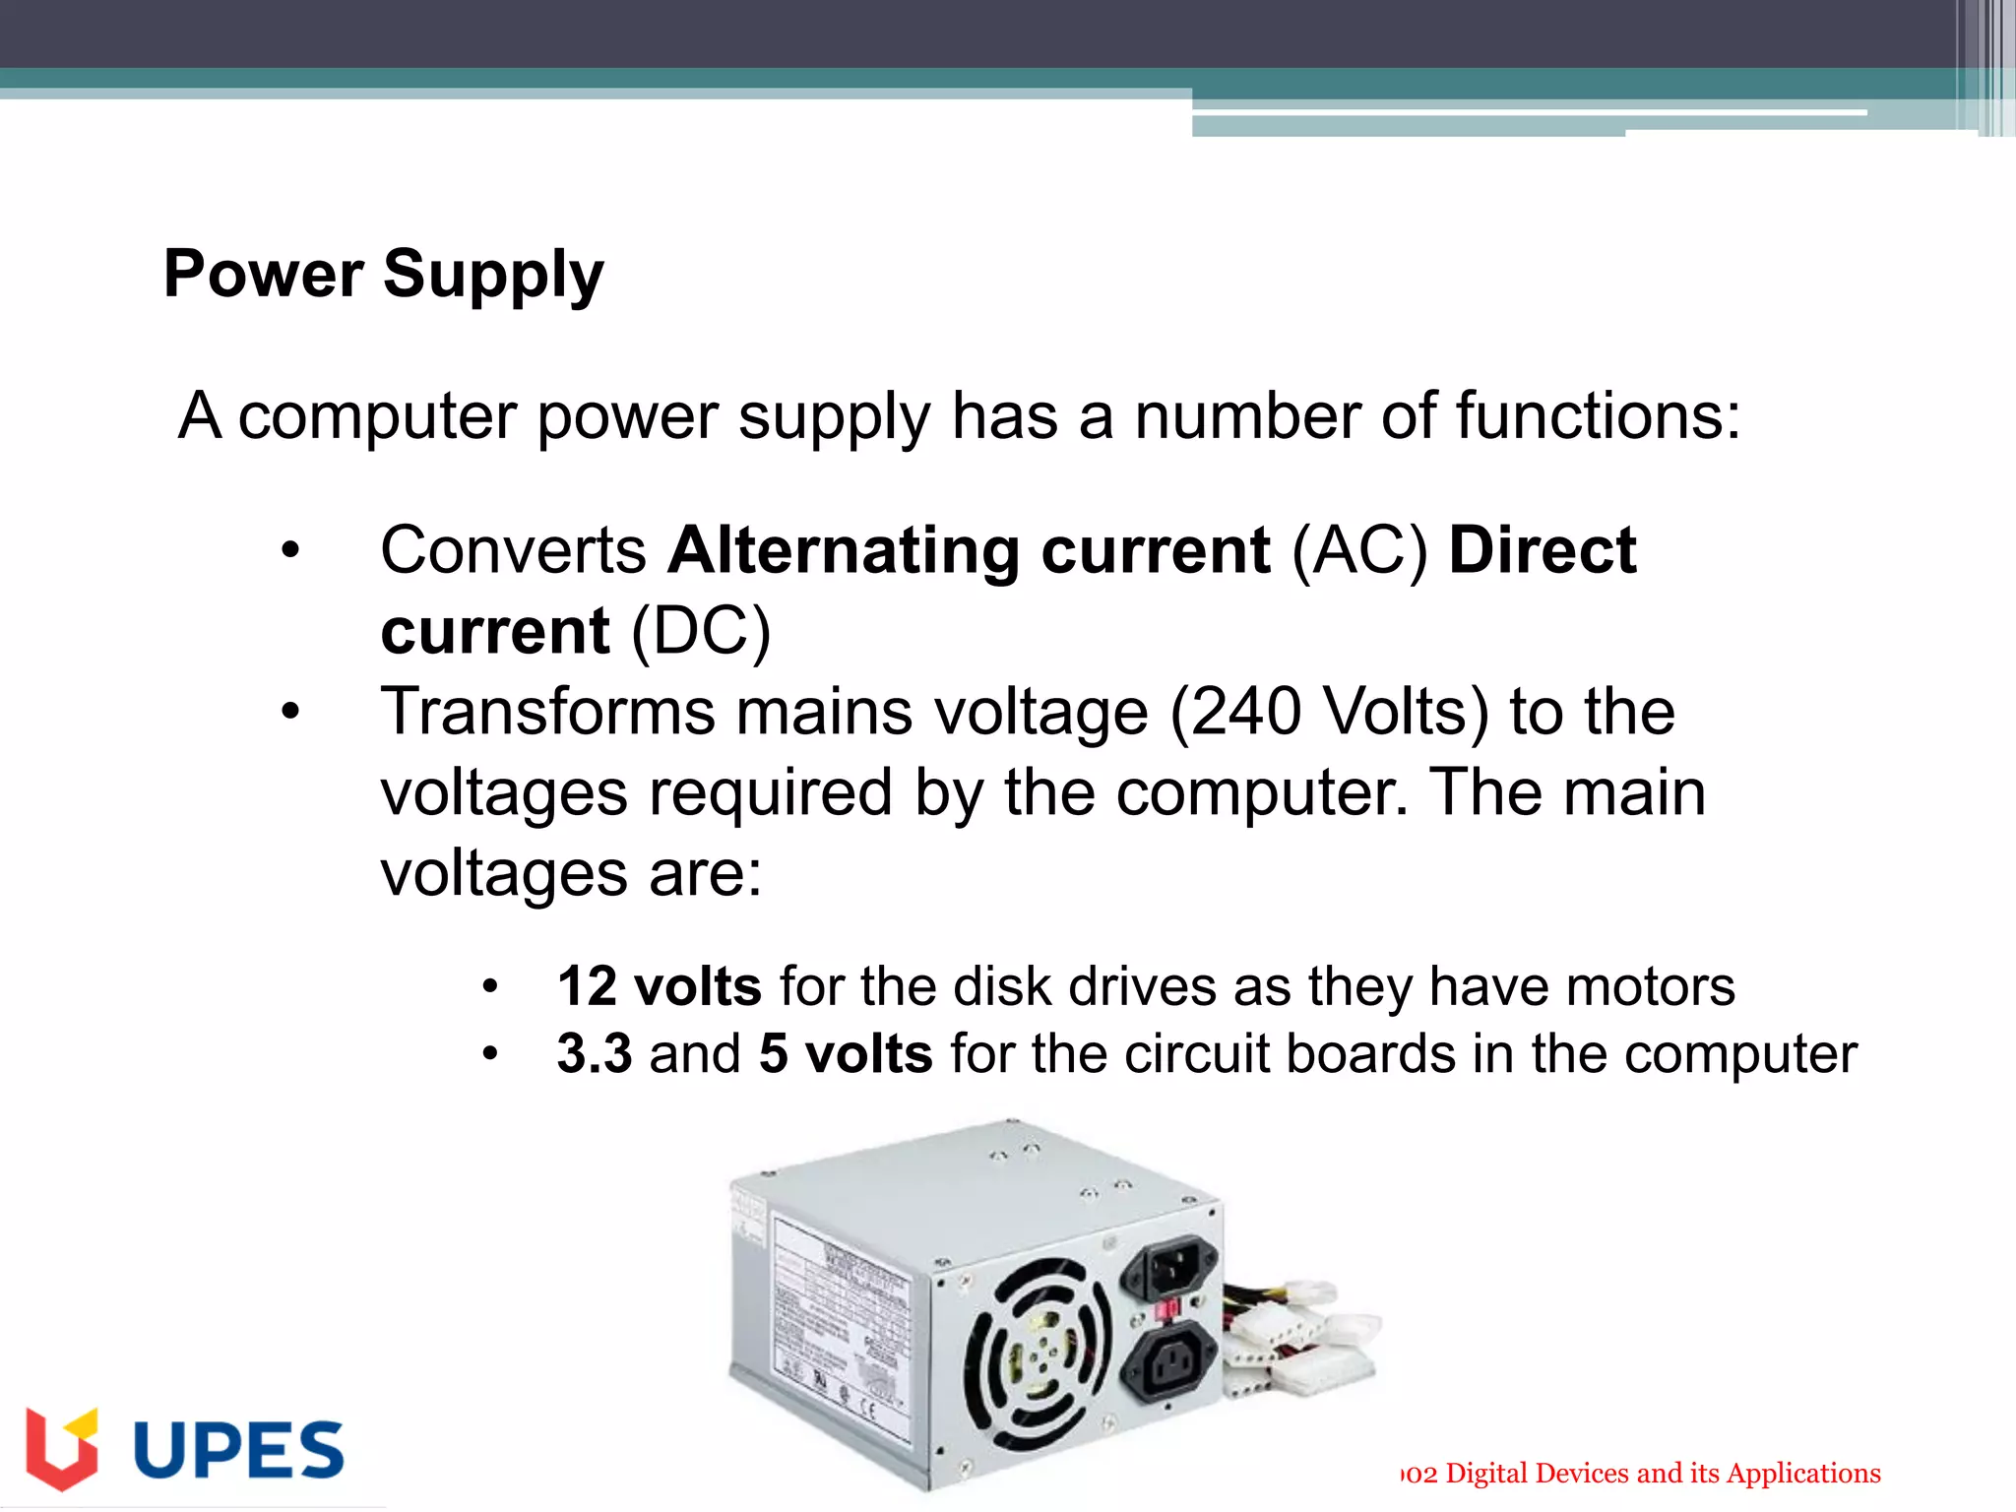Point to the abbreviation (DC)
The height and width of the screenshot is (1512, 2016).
[700, 631]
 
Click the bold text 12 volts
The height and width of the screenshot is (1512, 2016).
[659, 986]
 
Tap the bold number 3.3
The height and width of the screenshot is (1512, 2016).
[594, 1053]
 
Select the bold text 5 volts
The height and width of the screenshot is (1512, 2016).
[846, 1053]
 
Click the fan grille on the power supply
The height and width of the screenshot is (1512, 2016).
[1036, 1356]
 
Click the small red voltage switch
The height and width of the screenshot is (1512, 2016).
[1167, 1310]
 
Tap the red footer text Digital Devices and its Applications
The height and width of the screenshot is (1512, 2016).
[1663, 1474]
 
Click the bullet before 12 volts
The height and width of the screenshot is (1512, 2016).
[490, 986]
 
